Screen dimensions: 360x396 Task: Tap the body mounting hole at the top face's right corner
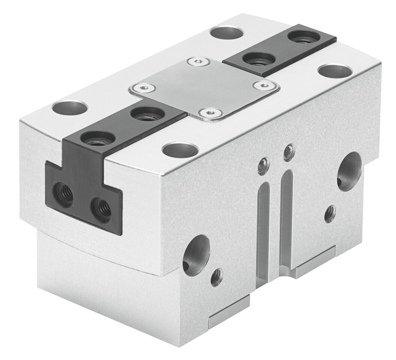[x=334, y=70]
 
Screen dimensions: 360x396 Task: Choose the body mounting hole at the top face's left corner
[x=70, y=108]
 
